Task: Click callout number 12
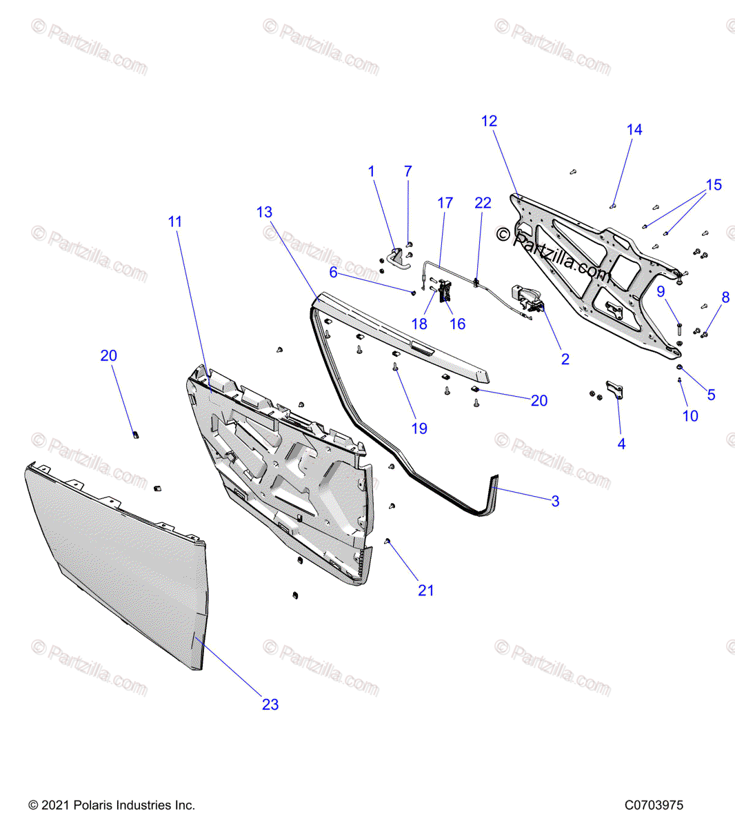point(489,121)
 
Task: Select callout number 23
point(270,704)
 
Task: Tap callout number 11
point(175,221)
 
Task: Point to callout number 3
point(555,501)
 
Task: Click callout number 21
point(426,590)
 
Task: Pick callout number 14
point(634,130)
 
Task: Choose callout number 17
point(445,203)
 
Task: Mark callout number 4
point(621,444)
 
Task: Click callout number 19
point(419,428)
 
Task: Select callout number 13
point(265,213)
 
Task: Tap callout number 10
point(690,415)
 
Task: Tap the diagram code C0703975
point(654,805)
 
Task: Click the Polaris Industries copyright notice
point(112,805)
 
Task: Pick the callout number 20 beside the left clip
point(109,355)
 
